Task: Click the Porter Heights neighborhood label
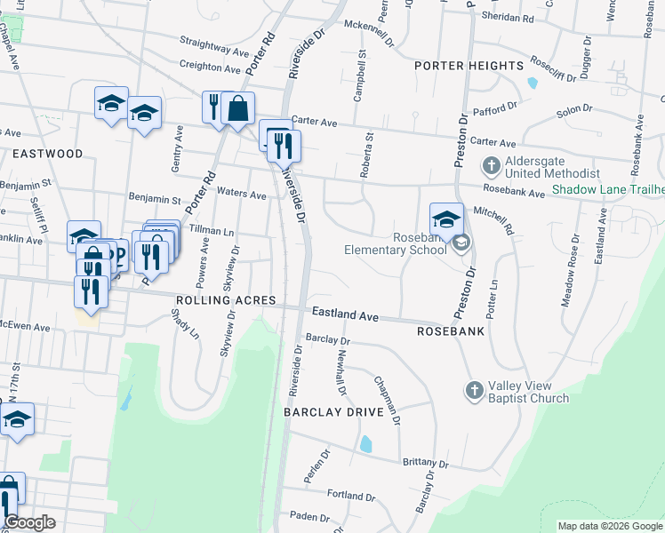[469, 67]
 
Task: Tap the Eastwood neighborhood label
[47, 154]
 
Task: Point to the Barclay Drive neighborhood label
[333, 413]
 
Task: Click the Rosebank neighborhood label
[449, 330]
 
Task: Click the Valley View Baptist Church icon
[474, 390]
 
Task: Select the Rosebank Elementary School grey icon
[461, 243]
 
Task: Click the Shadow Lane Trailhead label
[607, 189]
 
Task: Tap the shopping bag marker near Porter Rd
[238, 109]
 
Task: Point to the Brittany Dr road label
[425, 463]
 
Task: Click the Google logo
[29, 522]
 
